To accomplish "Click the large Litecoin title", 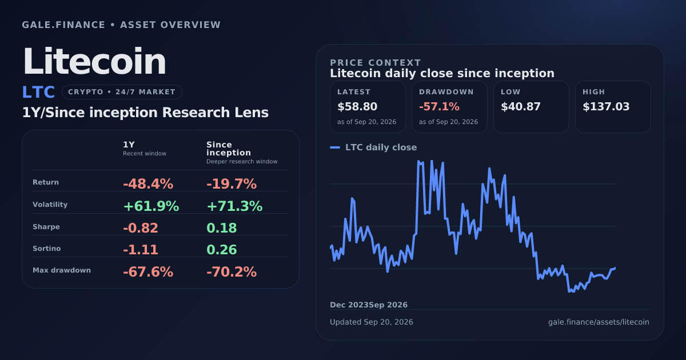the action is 94,61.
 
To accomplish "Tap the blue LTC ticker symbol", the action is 38,92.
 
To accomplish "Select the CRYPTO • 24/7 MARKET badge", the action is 122,92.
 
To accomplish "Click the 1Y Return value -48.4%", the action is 148,184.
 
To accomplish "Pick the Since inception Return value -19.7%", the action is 232,184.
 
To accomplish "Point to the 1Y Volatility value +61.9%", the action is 151,206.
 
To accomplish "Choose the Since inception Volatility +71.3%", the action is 234,206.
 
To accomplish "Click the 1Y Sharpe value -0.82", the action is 141,228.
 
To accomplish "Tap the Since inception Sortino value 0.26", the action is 222,250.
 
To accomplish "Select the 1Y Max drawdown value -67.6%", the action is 148,272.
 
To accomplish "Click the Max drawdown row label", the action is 62,270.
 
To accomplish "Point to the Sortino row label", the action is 46,248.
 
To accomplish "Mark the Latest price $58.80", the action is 357,106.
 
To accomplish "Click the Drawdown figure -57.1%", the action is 439,106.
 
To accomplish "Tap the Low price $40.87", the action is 521,106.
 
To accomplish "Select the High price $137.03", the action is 606,106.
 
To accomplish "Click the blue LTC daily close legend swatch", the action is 335,147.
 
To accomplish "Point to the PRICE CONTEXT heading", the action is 376,63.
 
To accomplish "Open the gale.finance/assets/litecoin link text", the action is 599,322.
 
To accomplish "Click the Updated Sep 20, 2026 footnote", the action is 371,322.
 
